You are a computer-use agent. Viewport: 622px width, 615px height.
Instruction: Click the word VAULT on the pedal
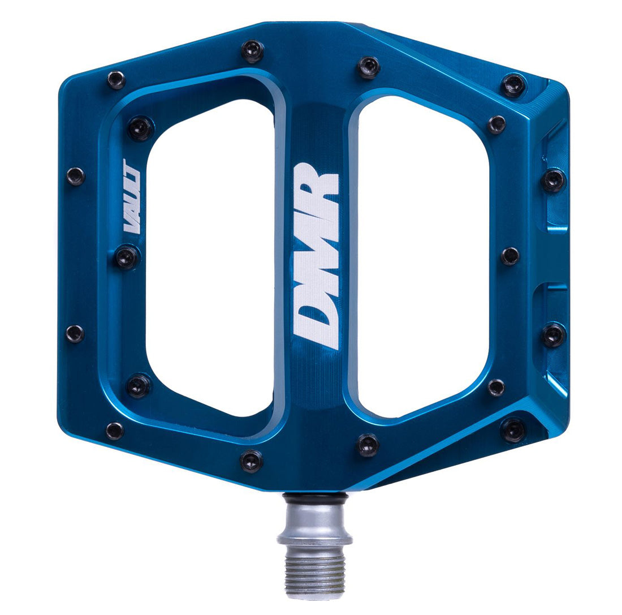(x=132, y=196)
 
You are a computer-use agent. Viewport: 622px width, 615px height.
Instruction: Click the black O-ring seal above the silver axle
(x=316, y=497)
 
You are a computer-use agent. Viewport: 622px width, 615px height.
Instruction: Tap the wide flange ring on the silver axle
(x=314, y=539)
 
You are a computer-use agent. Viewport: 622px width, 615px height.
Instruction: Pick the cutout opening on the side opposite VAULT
(x=423, y=257)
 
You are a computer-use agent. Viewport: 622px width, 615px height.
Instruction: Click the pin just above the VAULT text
(x=140, y=128)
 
